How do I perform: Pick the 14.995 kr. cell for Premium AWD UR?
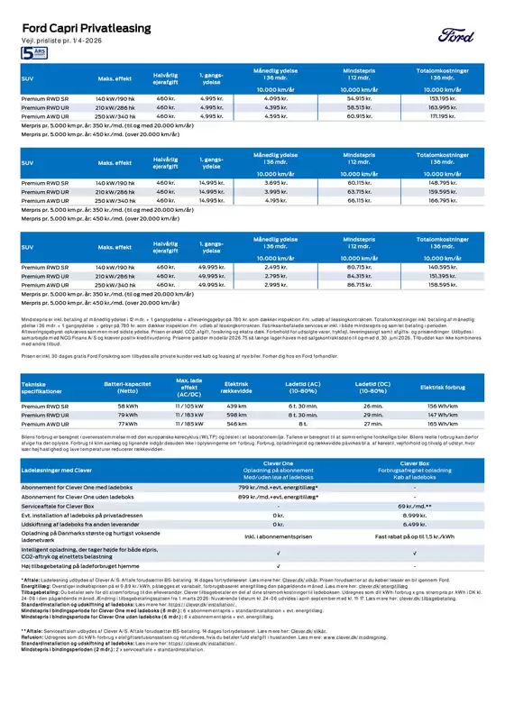click(x=211, y=200)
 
